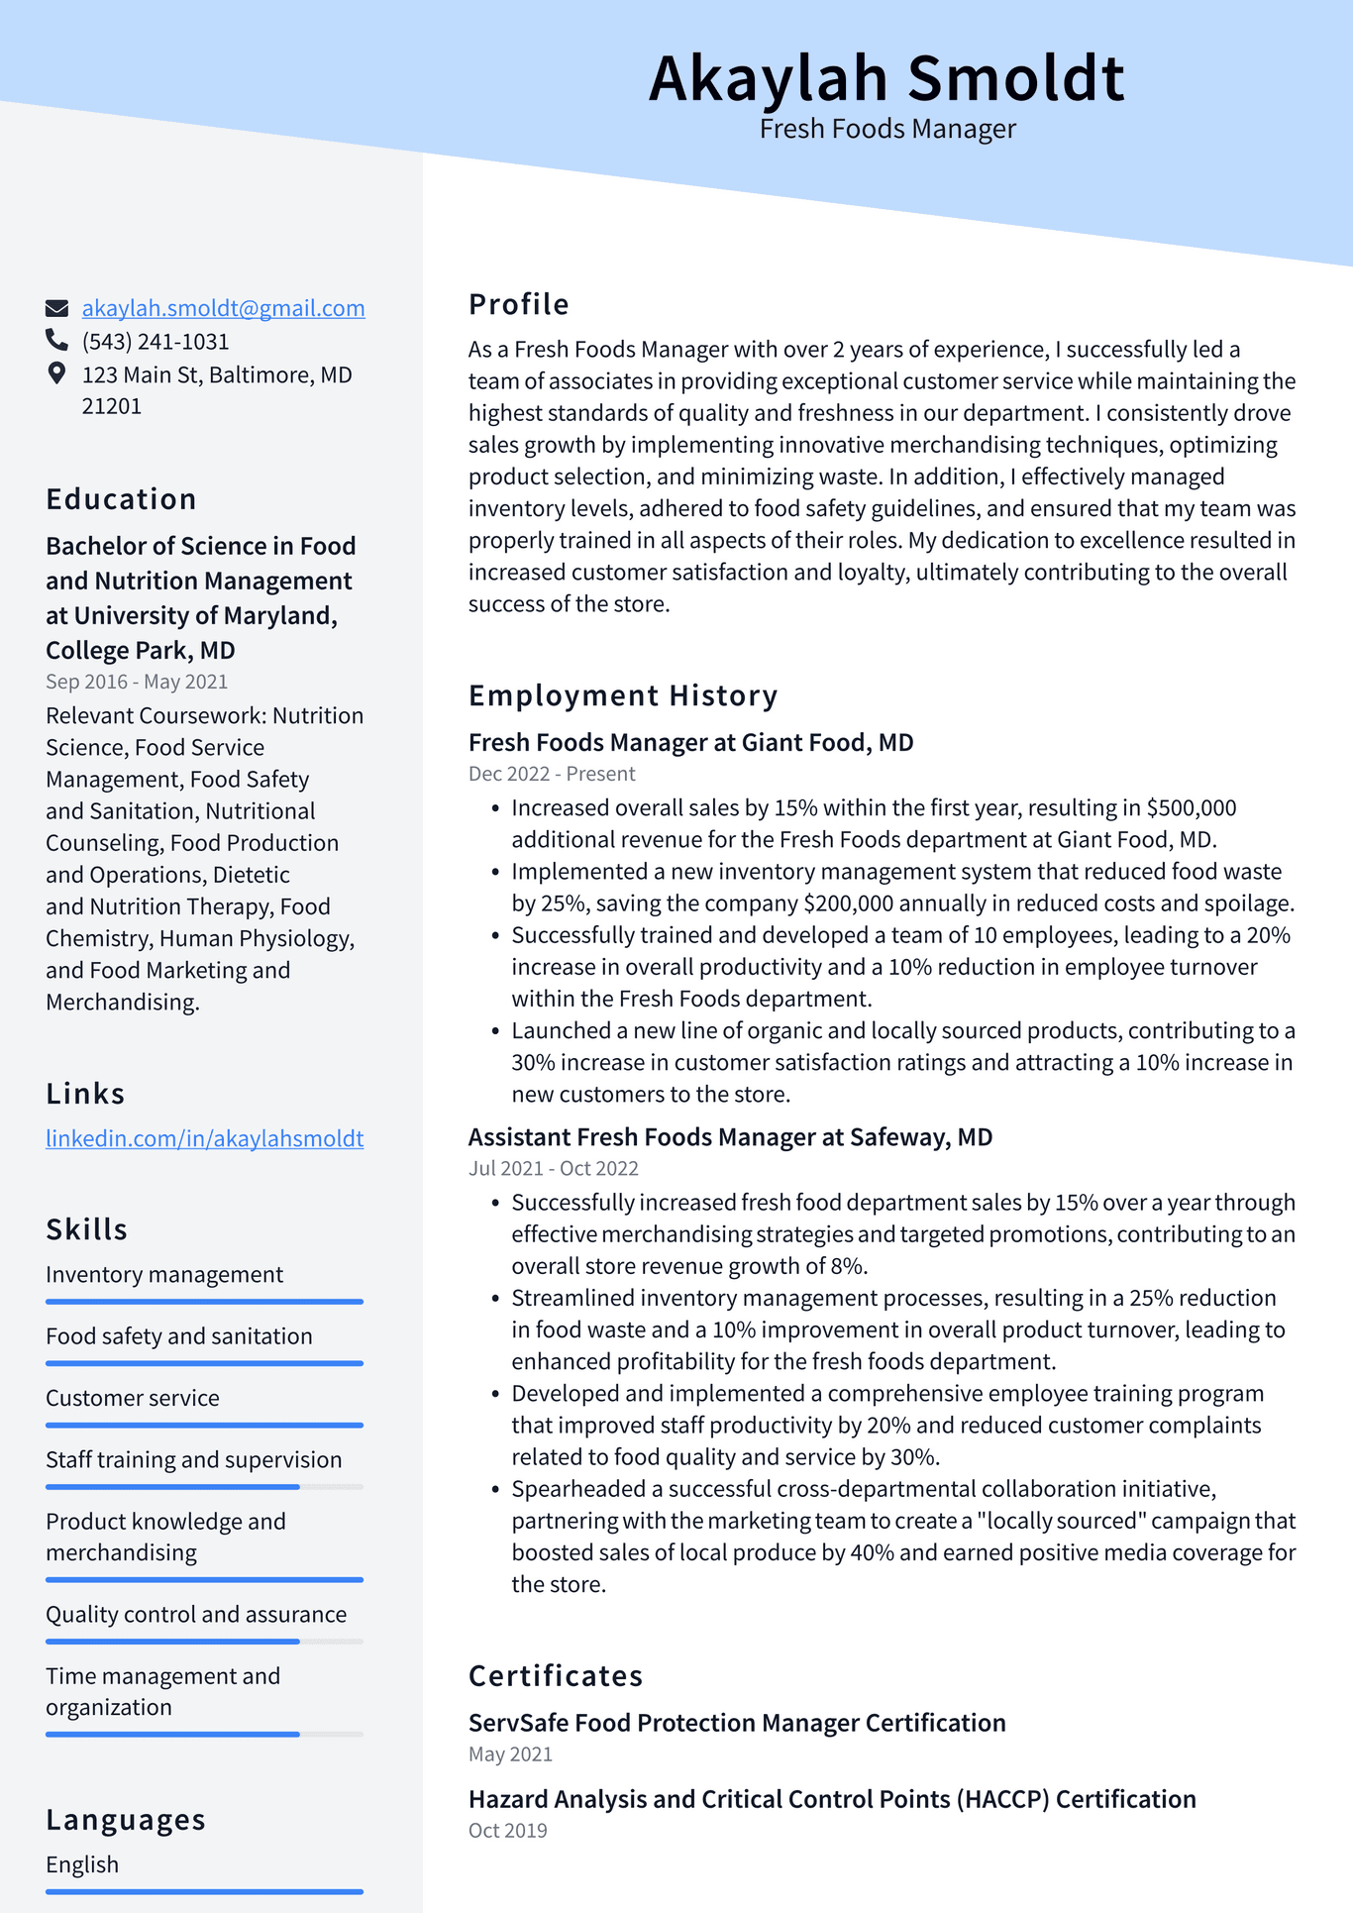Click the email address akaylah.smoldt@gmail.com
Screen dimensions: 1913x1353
[x=223, y=308]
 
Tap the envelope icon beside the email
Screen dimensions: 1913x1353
[x=57, y=308]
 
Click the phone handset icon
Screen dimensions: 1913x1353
[x=56, y=341]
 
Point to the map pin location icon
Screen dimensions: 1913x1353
[x=56, y=373]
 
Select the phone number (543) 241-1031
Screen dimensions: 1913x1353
[x=156, y=342]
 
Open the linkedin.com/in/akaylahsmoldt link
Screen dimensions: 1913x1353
[x=204, y=1138]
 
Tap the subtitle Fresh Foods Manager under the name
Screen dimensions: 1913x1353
[x=886, y=130]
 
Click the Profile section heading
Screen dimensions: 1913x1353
[x=518, y=304]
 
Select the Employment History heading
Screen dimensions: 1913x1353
[x=622, y=695]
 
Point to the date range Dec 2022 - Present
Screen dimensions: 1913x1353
[x=552, y=774]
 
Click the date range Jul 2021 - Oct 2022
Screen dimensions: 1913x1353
[x=553, y=1168]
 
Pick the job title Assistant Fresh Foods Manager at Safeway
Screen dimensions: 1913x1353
[x=730, y=1137]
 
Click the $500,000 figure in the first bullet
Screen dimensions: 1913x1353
[x=1192, y=808]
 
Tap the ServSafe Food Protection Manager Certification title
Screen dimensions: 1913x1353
[x=736, y=1723]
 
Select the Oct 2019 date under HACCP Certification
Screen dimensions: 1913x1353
[x=507, y=1831]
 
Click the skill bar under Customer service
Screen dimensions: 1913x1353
[x=204, y=1426]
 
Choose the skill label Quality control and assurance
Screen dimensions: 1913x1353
[x=196, y=1615]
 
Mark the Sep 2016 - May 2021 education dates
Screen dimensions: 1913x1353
[x=137, y=682]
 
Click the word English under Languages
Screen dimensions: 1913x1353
[x=82, y=1864]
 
